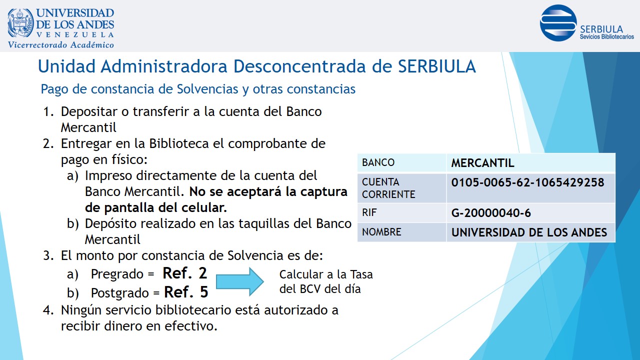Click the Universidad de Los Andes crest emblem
click(x=20, y=23)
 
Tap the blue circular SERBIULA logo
click(x=558, y=23)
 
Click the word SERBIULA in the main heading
click(x=437, y=66)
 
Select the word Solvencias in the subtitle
click(x=207, y=89)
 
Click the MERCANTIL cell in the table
click(x=482, y=163)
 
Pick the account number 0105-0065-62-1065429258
click(x=527, y=182)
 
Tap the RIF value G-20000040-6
click(x=491, y=213)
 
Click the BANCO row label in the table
click(x=378, y=162)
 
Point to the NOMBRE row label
click(x=381, y=231)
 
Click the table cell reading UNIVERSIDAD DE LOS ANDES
click(x=529, y=232)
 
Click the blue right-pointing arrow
click(x=239, y=281)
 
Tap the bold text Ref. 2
click(x=184, y=273)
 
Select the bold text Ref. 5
click(x=186, y=292)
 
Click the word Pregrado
click(x=117, y=274)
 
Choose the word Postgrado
click(x=119, y=293)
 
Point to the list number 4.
click(x=48, y=310)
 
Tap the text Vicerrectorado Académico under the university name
click(x=60, y=45)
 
